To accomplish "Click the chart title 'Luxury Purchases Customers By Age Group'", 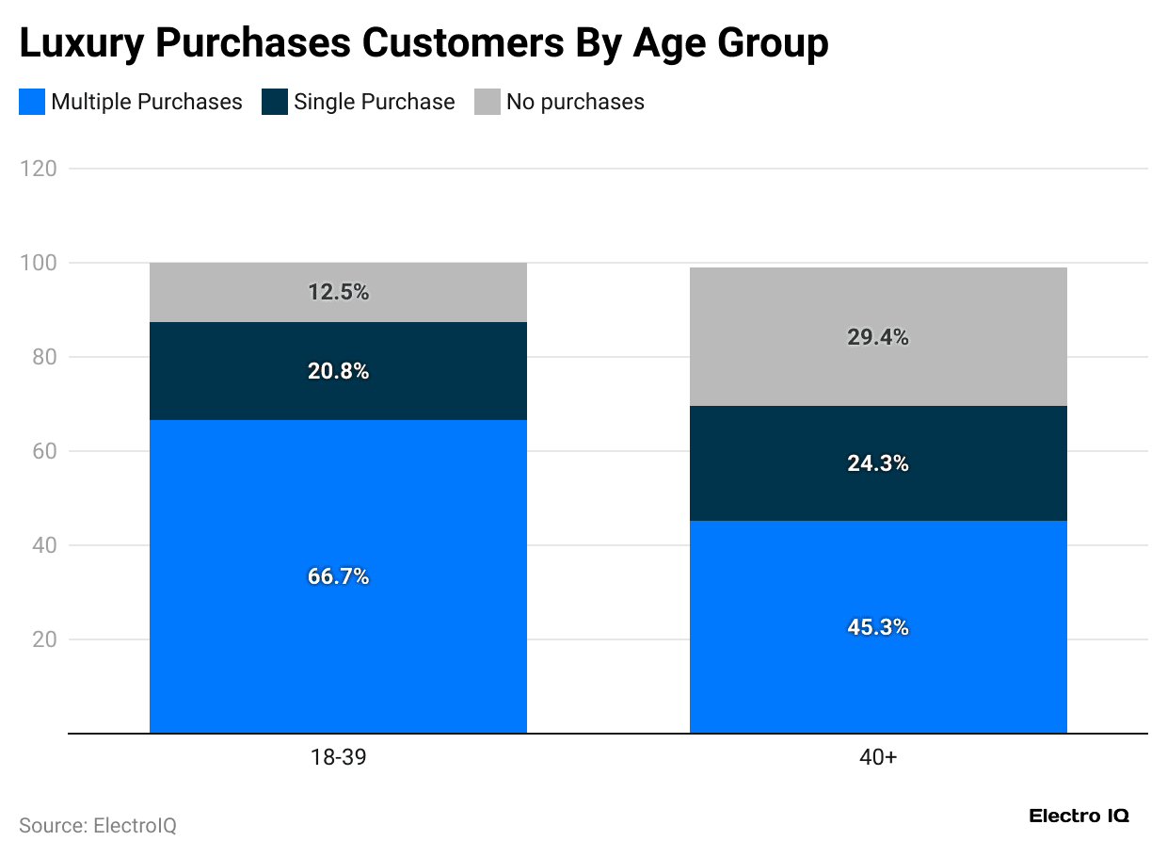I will tap(424, 43).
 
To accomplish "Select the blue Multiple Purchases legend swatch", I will tap(32, 102).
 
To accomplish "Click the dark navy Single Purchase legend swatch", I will tap(275, 102).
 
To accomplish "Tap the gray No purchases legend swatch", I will tap(488, 102).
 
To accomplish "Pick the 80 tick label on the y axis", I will tap(43, 357).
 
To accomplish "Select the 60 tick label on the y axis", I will tap(43, 451).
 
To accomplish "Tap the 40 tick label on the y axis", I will tap(43, 545).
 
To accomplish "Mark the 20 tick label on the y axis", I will tap(43, 639).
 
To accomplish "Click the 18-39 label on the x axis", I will tap(338, 757).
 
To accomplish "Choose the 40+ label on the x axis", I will tap(878, 757).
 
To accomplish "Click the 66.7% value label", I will tap(338, 576).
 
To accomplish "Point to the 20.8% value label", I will tap(338, 371).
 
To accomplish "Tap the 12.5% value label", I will tap(338, 292).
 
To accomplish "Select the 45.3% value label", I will tap(878, 627).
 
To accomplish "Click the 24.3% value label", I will tap(878, 463).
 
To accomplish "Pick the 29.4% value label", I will tap(878, 337).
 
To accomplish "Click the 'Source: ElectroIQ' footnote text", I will tap(98, 826).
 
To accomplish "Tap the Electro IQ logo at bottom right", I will tap(1079, 816).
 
